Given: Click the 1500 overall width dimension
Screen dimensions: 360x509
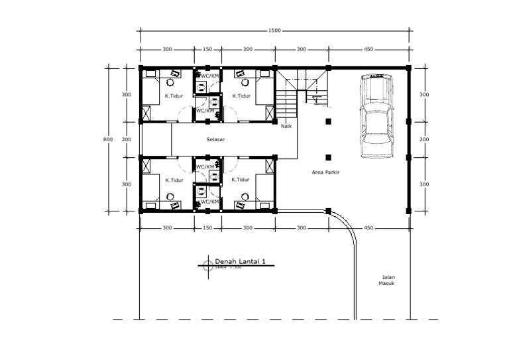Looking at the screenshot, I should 274,30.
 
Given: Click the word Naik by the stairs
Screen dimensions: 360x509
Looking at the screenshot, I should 286,125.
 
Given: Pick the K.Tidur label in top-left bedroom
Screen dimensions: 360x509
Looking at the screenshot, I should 172,96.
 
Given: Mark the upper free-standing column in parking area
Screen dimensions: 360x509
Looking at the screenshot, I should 327,121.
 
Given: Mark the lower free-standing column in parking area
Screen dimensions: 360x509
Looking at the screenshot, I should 327,157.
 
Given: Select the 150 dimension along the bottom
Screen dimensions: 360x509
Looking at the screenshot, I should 207,228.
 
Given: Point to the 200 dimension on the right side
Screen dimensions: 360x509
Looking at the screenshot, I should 424,139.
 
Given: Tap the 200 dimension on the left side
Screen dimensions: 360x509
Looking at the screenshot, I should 127,139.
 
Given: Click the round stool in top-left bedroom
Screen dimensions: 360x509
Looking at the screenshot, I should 170,84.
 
